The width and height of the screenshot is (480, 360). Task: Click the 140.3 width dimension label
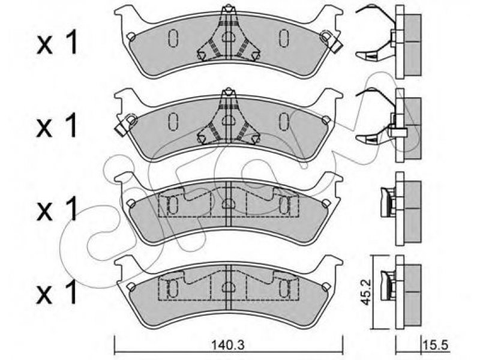(228, 346)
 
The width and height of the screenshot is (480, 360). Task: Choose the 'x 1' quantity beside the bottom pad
(57, 293)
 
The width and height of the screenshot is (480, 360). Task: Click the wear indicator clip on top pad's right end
(331, 41)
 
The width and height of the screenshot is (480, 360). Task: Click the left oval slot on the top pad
(173, 38)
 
